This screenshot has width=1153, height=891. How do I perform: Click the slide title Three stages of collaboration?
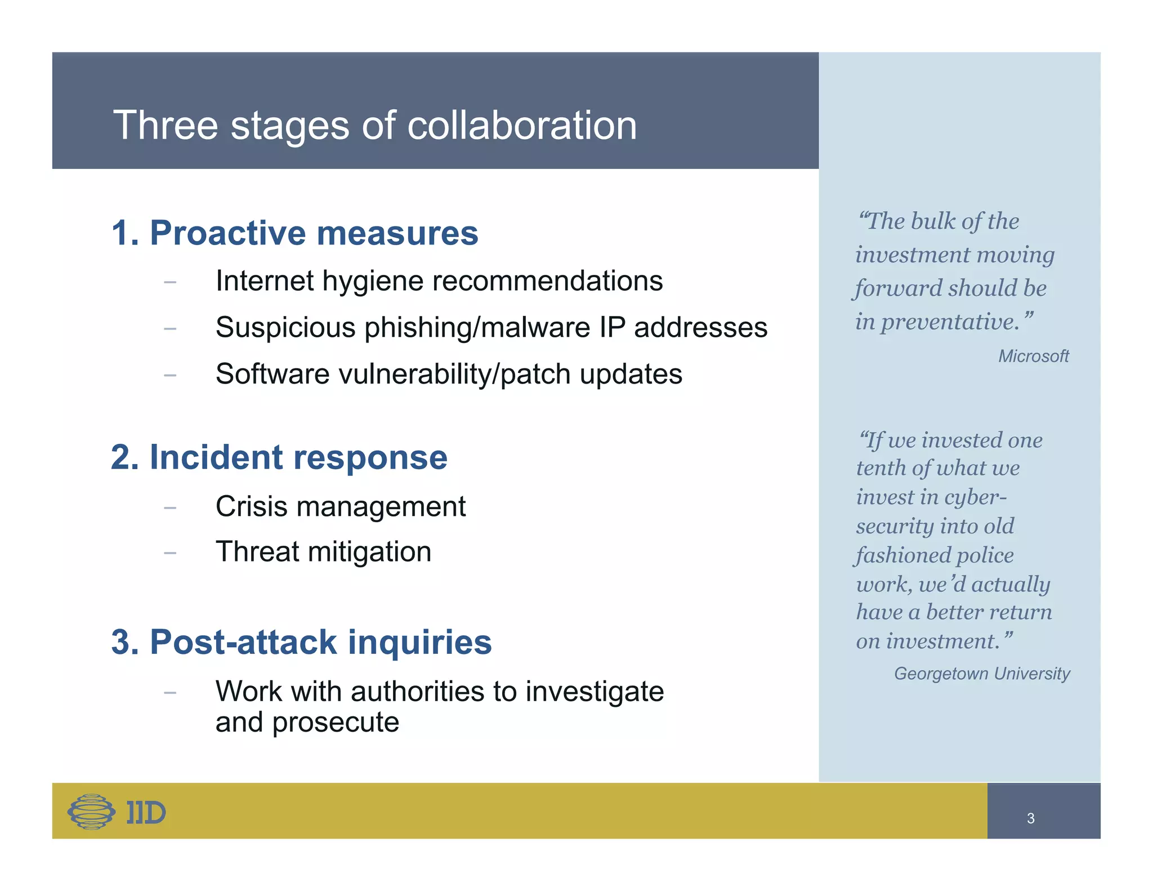point(375,125)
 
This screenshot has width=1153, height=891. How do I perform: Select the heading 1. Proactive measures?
point(294,233)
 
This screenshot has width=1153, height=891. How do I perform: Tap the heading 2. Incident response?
point(279,457)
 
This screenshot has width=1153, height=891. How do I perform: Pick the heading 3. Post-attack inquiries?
point(301,641)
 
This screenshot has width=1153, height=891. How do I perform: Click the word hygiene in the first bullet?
point(370,281)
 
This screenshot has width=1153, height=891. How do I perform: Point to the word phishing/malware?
point(473,328)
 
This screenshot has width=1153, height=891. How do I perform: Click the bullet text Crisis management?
point(340,506)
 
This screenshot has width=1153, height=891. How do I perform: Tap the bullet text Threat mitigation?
point(323,551)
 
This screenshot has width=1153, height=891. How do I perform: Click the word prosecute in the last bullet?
point(336,723)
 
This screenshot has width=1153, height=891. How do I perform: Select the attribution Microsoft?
point(1033,356)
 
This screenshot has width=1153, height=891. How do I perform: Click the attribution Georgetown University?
point(982,674)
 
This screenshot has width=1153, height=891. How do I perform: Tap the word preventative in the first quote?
point(950,322)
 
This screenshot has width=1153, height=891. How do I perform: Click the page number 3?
point(1030,818)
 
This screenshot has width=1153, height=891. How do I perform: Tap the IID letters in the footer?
point(146,813)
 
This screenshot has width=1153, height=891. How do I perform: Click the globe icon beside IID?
point(91,812)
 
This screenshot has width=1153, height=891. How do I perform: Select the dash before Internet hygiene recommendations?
point(170,282)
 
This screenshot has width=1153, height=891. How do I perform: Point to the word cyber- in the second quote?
point(975,497)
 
